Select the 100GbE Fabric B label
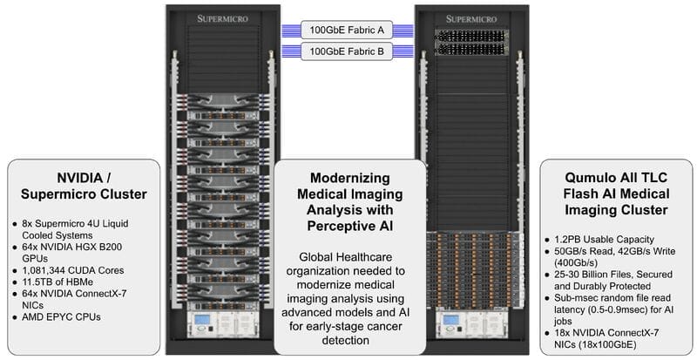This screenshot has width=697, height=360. coord(348,51)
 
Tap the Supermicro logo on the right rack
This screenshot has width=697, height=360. coord(472,17)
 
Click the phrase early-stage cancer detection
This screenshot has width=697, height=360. coord(350,330)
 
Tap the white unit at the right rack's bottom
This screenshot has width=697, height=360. coord(472,325)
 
